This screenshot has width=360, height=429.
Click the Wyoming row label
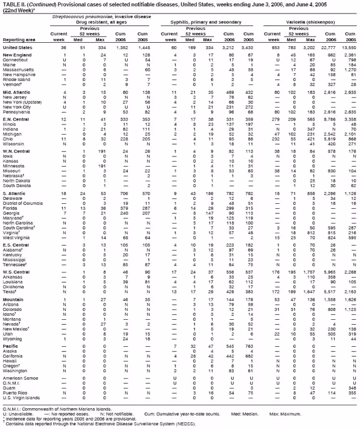pyautogui.click(x=12, y=339)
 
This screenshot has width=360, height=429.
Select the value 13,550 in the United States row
pyautogui.click(x=349, y=47)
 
